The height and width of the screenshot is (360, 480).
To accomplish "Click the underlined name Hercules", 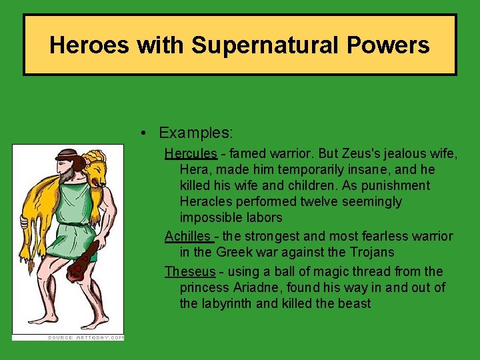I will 191,153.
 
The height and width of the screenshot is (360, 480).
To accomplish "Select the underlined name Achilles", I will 189,236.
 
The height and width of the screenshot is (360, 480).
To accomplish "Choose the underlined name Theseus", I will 190,271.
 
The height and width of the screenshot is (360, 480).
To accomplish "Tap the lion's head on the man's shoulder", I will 96,169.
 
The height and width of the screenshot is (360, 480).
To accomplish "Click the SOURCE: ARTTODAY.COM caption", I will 85,337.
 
